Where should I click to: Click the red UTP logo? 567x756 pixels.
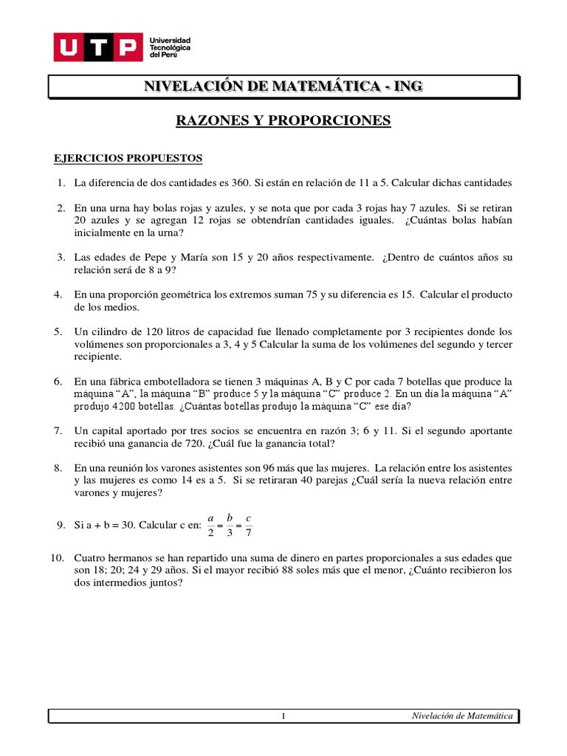coord(97,47)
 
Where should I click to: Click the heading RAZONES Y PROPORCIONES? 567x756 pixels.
coord(283,120)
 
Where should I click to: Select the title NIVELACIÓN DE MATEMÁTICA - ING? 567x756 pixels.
coord(283,86)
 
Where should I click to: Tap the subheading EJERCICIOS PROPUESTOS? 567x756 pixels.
coord(128,159)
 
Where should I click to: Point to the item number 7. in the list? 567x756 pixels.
coord(59,430)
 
